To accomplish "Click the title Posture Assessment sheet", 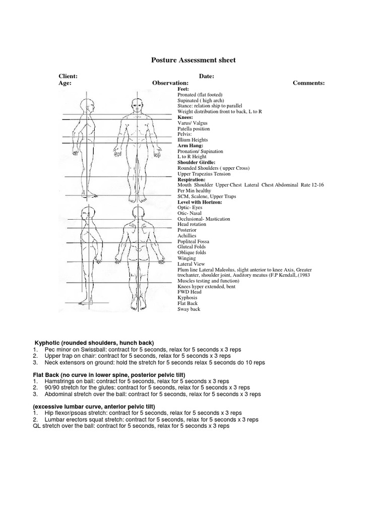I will click(x=193, y=60).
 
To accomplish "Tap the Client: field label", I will click(x=68, y=76).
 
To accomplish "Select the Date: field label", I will click(x=207, y=76).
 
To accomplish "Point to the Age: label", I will click(x=65, y=83).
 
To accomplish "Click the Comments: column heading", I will click(x=308, y=83).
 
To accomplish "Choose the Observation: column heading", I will click(x=170, y=83).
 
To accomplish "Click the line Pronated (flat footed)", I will click(x=200, y=95).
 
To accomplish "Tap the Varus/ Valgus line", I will click(x=192, y=123).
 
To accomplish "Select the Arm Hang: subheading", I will click(x=190, y=146).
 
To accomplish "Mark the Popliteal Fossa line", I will click(x=193, y=241).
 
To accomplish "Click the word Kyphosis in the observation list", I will click(x=187, y=298).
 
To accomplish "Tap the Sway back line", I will click(x=189, y=309).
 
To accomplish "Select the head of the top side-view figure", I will click(x=90, y=105).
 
